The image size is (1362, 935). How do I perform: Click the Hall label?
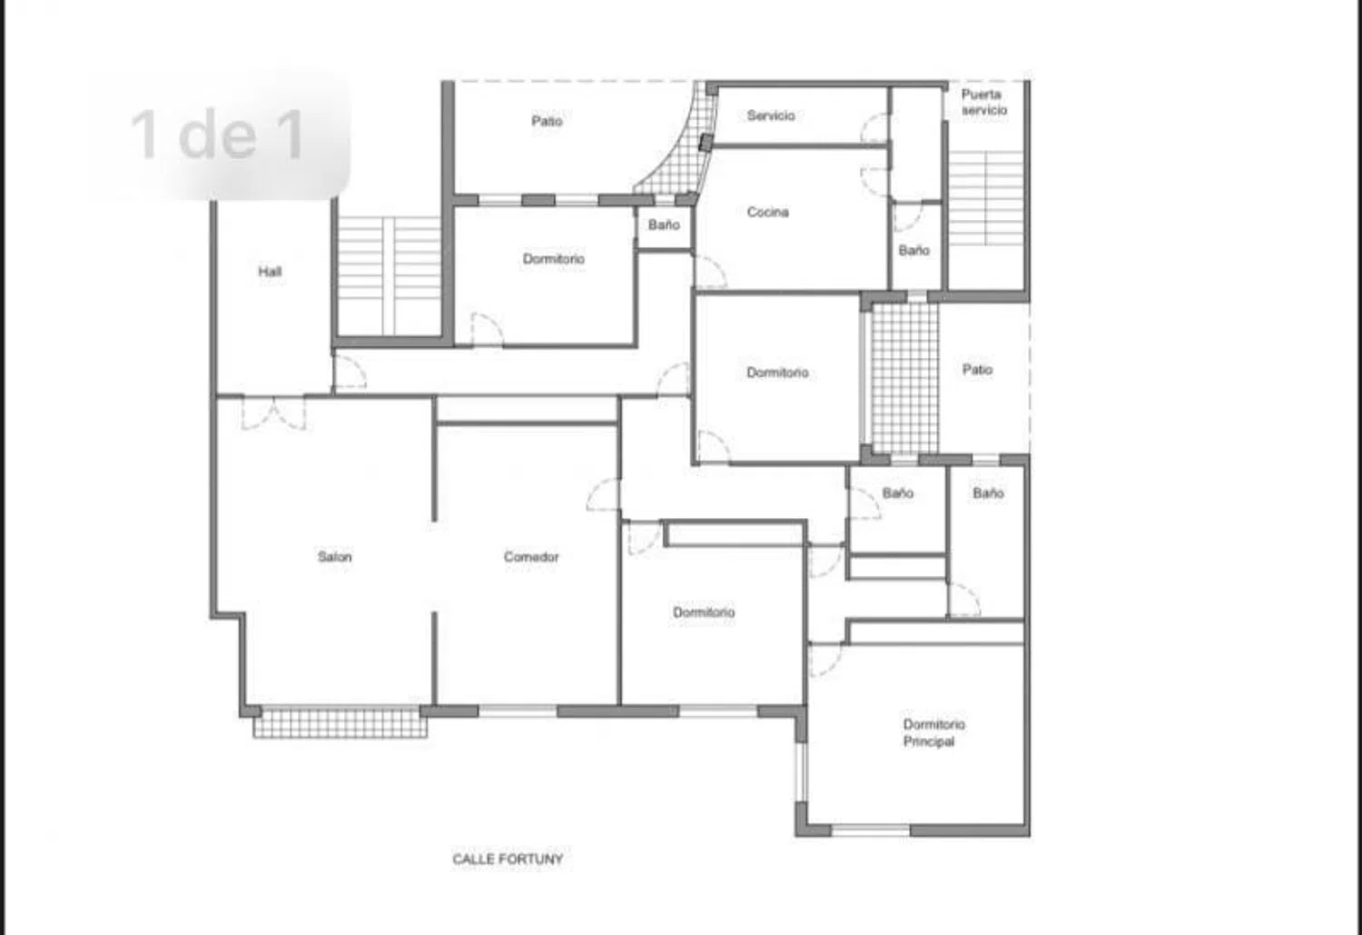click(x=270, y=272)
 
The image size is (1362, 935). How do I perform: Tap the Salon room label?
click(x=334, y=557)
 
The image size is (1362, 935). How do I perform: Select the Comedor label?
click(x=531, y=557)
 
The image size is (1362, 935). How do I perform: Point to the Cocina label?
click(x=768, y=212)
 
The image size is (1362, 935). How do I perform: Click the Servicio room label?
click(x=771, y=115)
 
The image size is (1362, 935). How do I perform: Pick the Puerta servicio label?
click(x=983, y=102)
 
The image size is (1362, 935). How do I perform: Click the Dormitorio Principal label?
click(x=933, y=732)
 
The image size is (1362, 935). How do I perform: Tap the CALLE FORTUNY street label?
click(x=508, y=859)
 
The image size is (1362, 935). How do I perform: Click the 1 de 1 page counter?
click(x=217, y=135)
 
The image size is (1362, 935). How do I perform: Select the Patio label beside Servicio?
click(x=547, y=121)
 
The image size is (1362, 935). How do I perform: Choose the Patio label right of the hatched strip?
click(x=977, y=369)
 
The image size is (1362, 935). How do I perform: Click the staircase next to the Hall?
click(x=390, y=275)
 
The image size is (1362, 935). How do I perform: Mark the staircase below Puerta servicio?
click(x=985, y=198)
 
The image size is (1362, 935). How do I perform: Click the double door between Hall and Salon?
click(x=273, y=413)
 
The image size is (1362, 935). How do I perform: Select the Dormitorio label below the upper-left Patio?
click(x=553, y=259)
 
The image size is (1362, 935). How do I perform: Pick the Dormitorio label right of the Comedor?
click(x=704, y=612)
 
